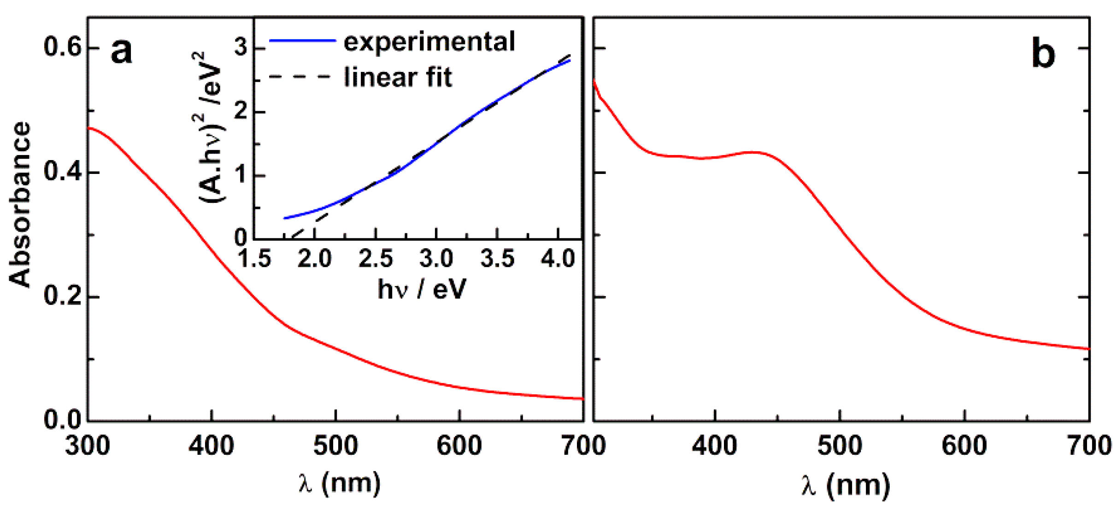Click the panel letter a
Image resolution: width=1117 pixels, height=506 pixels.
click(122, 52)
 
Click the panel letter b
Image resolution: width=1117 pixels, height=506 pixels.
click(1043, 55)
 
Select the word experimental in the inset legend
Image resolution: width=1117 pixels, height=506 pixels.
click(429, 42)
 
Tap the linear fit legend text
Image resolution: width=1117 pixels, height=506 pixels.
click(398, 77)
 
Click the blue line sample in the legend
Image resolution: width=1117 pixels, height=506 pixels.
click(302, 41)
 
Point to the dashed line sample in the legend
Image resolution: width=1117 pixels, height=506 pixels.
click(300, 77)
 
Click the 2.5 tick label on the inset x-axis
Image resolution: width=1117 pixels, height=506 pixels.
click(376, 259)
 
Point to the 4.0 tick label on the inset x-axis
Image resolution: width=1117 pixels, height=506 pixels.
click(558, 259)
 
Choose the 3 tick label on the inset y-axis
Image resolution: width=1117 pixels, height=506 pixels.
click(241, 48)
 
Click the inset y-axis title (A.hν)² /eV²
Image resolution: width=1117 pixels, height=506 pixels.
click(210, 127)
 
